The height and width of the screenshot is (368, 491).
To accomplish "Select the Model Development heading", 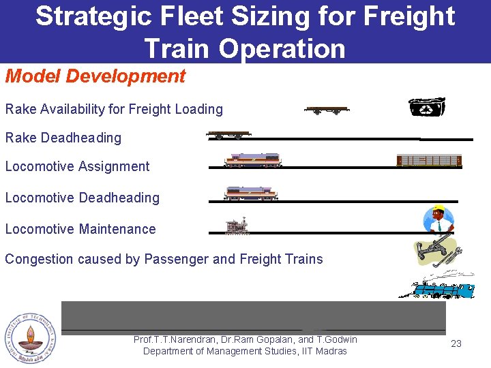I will pyautogui.click(x=95, y=76).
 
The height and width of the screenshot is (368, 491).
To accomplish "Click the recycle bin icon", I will pyautogui.click(x=427, y=108).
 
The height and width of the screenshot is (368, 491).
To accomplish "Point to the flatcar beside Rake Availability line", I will pyautogui.click(x=327, y=110).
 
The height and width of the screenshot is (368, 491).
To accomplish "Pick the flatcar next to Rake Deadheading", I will pyautogui.click(x=228, y=135).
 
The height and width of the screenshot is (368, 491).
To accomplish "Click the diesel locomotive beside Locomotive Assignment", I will pyautogui.click(x=252, y=160).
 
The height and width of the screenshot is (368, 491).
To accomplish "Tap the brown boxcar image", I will pyautogui.click(x=429, y=161).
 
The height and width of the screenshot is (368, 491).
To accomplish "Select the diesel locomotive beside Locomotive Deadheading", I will pyautogui.click(x=252, y=194).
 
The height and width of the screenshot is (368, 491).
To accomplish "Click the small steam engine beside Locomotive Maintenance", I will pyautogui.click(x=237, y=226).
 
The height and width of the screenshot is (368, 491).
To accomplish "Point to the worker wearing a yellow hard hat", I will pyautogui.click(x=438, y=219).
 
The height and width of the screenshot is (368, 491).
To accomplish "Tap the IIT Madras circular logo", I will pyautogui.click(x=27, y=339).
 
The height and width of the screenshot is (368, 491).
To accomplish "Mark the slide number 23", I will pyautogui.click(x=456, y=343).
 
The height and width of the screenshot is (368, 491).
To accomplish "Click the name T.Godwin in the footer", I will pyautogui.click(x=337, y=339).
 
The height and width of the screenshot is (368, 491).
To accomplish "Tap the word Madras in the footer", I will pyautogui.click(x=331, y=351).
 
